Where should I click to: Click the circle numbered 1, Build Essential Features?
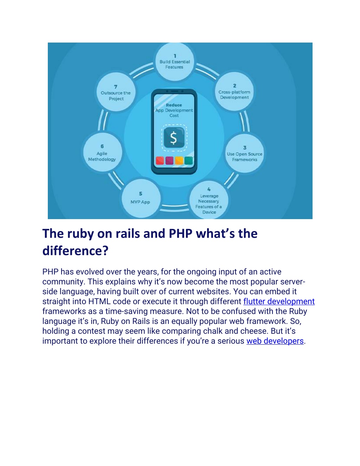point(175,62)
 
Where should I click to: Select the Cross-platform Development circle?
point(234,91)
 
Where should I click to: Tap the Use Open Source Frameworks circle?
point(244,153)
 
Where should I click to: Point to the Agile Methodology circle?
point(103,152)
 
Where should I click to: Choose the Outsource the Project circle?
point(116,92)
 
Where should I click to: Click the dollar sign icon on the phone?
point(174,138)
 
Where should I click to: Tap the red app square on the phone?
point(160,161)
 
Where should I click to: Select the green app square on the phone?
point(188,161)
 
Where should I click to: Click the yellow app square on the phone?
point(179,161)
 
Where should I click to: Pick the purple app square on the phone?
point(169,161)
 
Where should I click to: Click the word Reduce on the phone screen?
point(174,105)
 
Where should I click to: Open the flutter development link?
point(279,301)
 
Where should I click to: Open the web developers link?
point(275,341)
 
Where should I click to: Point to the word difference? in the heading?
point(76,251)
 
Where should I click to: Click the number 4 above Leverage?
point(209,189)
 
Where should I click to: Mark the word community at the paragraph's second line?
point(64,282)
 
